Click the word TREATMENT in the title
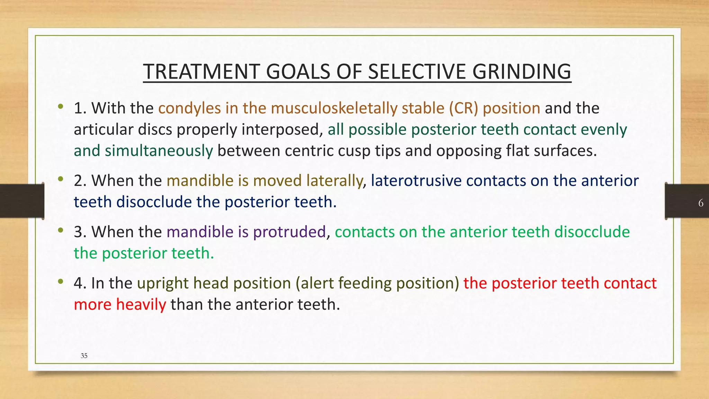[x=201, y=72]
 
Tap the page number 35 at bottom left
[x=84, y=356]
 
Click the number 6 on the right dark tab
[x=701, y=203]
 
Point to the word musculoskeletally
[x=334, y=108]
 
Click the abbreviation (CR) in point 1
[x=464, y=108]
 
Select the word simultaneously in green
[x=159, y=151]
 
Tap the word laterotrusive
[x=416, y=181]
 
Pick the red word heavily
[x=141, y=305]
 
